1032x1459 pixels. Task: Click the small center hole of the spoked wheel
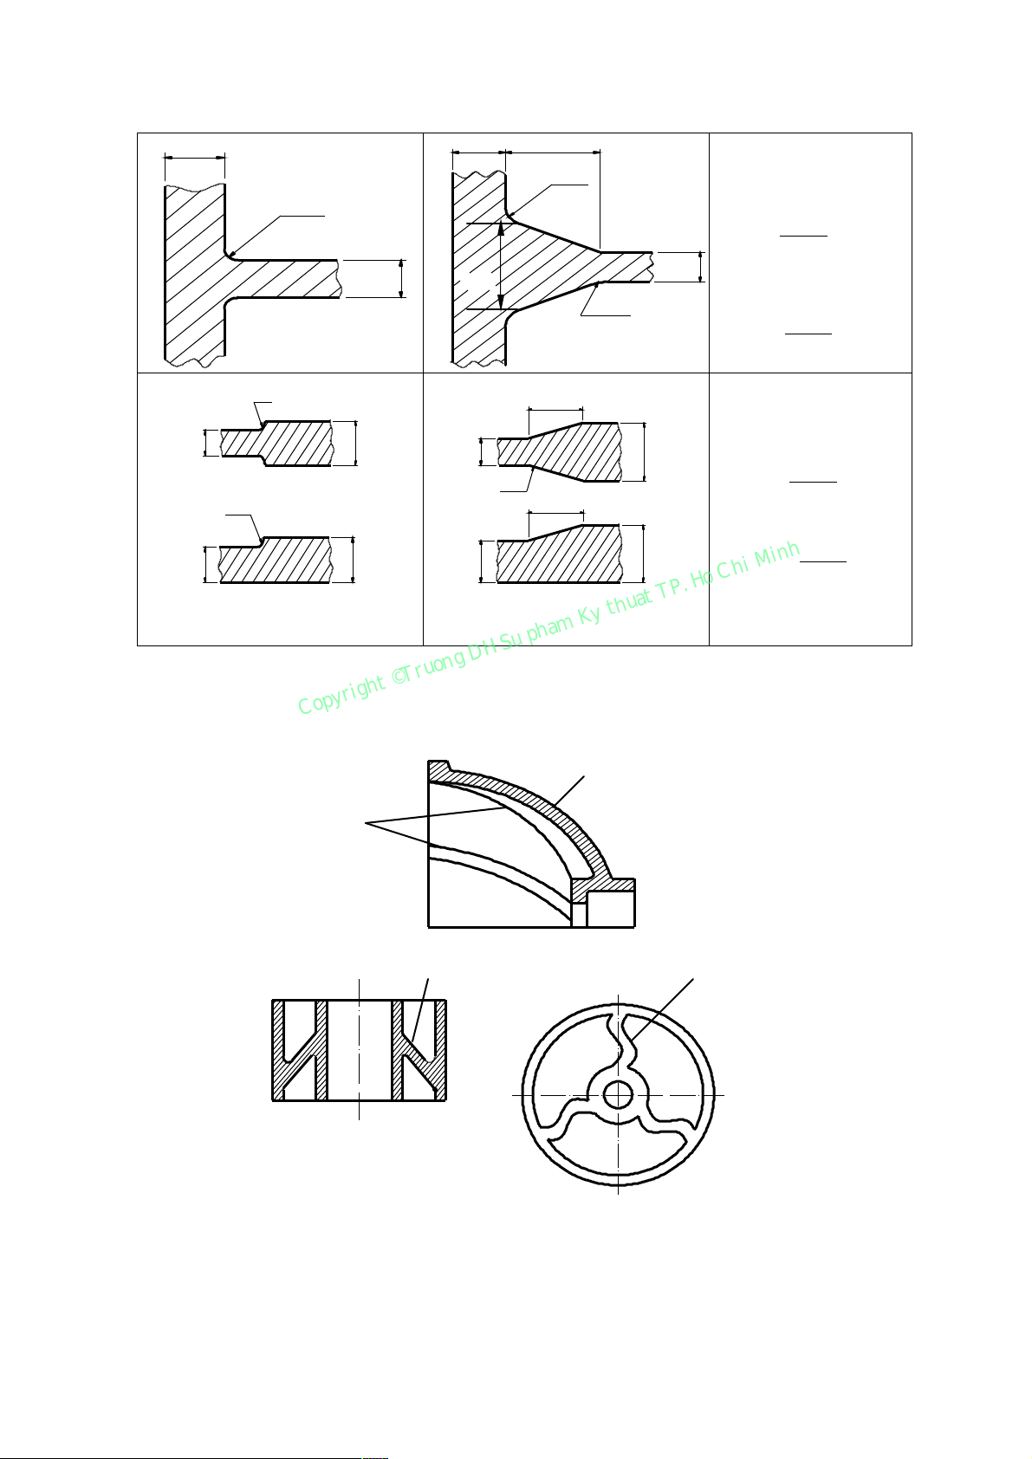[618, 1095]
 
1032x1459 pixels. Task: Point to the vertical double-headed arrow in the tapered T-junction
[500, 266]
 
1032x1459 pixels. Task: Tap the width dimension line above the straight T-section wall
[195, 157]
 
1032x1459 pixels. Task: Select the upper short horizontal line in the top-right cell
[803, 235]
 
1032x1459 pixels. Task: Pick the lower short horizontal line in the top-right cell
[808, 334]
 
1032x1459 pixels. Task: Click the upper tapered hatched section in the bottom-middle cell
[559, 452]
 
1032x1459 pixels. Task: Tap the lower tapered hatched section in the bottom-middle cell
[559, 554]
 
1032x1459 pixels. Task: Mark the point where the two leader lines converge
[366, 825]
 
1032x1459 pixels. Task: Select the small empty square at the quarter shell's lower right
[611, 909]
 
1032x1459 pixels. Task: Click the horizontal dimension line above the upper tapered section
[555, 411]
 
